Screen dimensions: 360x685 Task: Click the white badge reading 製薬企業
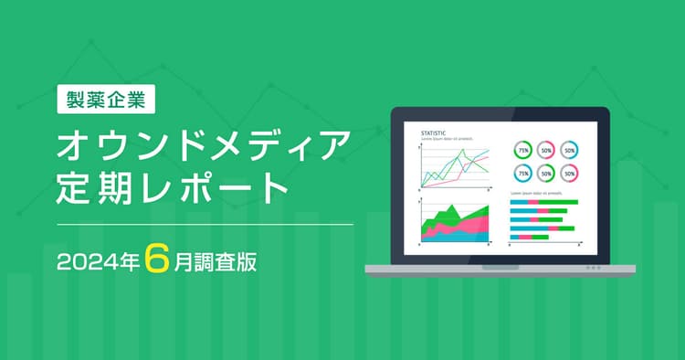[x=106, y=99]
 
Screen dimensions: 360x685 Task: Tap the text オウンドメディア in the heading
[x=204, y=146]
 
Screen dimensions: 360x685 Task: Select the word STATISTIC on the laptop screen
[x=434, y=133]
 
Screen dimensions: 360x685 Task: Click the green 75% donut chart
[x=523, y=150]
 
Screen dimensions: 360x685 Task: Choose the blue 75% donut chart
[x=523, y=172]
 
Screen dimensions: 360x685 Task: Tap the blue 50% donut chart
[x=569, y=150]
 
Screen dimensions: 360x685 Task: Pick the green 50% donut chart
[x=546, y=172]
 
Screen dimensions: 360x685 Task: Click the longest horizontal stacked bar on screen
[x=543, y=202]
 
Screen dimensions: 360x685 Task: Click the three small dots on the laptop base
[x=593, y=269]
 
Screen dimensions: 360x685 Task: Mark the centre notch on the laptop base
[x=501, y=268]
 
